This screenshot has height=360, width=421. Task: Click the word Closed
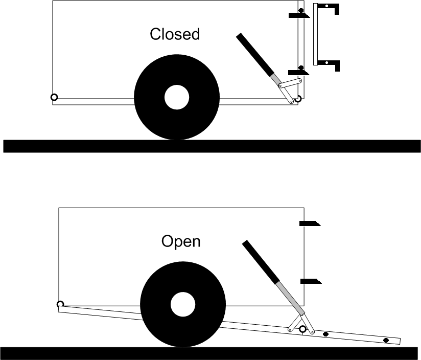[174, 34]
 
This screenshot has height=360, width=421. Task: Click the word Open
[181, 241]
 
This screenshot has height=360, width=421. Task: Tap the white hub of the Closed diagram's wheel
[177, 97]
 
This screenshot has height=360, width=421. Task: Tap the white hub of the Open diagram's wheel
[182, 304]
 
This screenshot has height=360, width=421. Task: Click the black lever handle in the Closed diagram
[254, 54]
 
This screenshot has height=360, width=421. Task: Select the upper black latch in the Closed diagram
[298, 15]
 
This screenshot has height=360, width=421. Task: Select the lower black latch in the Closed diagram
[298, 72]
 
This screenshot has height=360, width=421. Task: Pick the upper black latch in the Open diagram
[309, 223]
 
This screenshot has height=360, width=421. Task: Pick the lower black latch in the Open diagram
[309, 281]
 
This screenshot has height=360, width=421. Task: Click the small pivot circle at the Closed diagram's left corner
[54, 97]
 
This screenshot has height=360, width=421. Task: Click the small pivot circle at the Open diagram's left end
[60, 305]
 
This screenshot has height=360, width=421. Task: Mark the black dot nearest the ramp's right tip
[386, 340]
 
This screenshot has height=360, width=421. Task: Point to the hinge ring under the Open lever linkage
[302, 329]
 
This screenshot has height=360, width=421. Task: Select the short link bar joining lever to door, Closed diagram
[292, 83]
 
